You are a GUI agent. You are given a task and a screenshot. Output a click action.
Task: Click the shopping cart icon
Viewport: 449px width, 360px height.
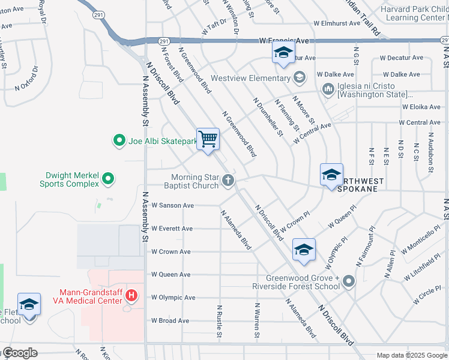pyautogui.click(x=208, y=139)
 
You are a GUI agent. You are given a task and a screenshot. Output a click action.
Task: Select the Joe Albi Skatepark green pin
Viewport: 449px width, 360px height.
pyautogui.click(x=119, y=142)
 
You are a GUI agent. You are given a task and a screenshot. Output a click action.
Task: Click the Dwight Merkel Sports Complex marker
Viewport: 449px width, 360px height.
pyautogui.click(x=108, y=179)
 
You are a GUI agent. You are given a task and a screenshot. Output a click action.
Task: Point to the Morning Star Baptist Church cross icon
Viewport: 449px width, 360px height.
pyautogui.click(x=228, y=180)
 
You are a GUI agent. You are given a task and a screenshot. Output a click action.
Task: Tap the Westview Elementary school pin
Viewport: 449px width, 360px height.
pyautogui.click(x=300, y=77)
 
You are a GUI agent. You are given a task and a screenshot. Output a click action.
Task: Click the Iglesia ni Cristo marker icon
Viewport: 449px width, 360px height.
pyautogui.click(x=328, y=89)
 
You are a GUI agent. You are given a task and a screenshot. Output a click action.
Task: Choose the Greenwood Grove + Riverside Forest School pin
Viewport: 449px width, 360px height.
pyautogui.click(x=349, y=281)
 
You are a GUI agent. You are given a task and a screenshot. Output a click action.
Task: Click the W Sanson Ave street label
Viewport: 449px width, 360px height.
pyautogui.click(x=172, y=205)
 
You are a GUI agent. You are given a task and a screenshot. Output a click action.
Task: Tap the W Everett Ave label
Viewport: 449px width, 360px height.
pyautogui.click(x=172, y=229)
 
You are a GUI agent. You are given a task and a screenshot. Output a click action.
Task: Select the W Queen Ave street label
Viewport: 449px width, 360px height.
pyautogui.click(x=170, y=274)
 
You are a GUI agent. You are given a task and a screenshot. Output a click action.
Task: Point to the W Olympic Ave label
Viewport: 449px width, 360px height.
pyautogui.click(x=173, y=297)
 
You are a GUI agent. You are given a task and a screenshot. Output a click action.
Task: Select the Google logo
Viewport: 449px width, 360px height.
pyautogui.click(x=20, y=353)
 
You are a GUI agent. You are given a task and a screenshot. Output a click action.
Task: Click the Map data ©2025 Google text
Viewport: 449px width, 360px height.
pyautogui.click(x=411, y=355)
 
